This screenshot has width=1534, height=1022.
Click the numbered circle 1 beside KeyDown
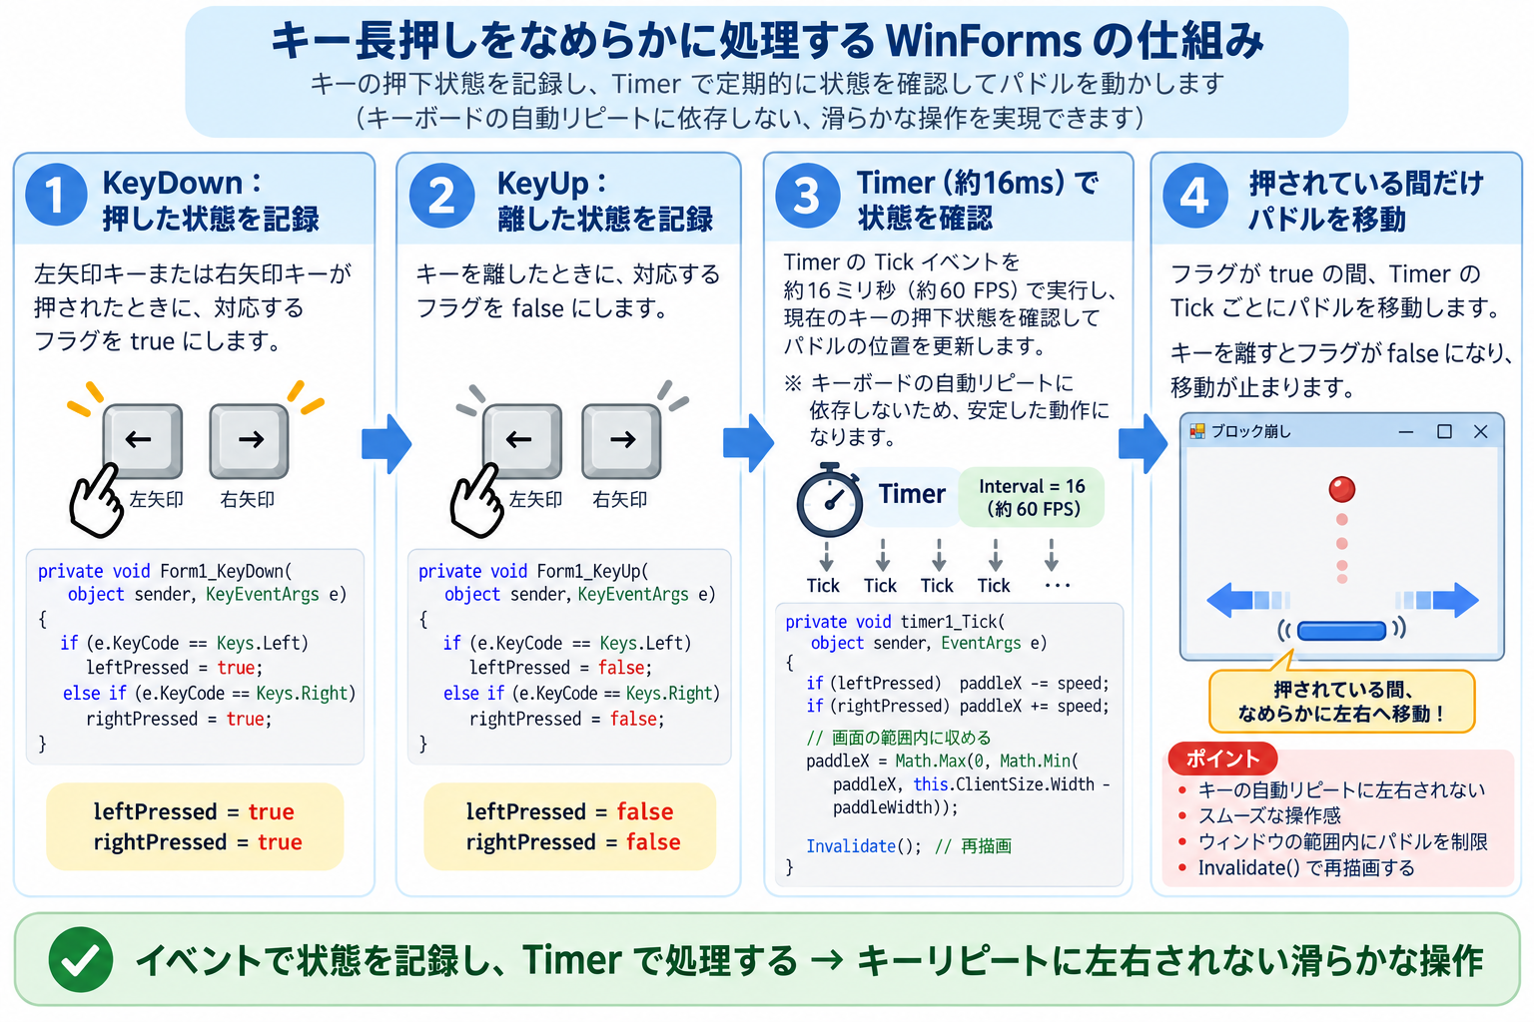pos(56,195)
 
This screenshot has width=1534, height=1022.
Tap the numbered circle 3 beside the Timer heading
pos(807,196)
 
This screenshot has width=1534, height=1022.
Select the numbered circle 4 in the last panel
pos(1195,196)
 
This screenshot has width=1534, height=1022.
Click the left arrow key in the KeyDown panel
pos(143,441)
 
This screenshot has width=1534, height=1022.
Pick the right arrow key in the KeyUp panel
pos(621,441)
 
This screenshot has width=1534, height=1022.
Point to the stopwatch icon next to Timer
pos(829,500)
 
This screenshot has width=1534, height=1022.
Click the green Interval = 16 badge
pos(1032,497)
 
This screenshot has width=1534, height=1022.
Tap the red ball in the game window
pos(1341,489)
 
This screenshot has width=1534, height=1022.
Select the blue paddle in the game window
pos(1341,630)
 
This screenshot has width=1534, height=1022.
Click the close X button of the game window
pos(1481,431)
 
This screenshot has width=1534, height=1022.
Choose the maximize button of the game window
pos(1444,431)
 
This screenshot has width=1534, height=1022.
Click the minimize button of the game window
pos(1406,432)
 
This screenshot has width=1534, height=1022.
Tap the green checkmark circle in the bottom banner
pos(81,960)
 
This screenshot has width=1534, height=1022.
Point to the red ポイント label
pos(1222,759)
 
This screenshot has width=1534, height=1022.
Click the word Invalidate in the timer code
pos(851,846)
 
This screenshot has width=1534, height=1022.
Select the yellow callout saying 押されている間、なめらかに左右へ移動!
pos(1341,701)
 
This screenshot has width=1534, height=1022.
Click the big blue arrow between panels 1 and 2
pos(386,443)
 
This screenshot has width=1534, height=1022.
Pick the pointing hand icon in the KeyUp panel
pos(476,500)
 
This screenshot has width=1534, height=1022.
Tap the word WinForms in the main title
pos(984,41)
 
